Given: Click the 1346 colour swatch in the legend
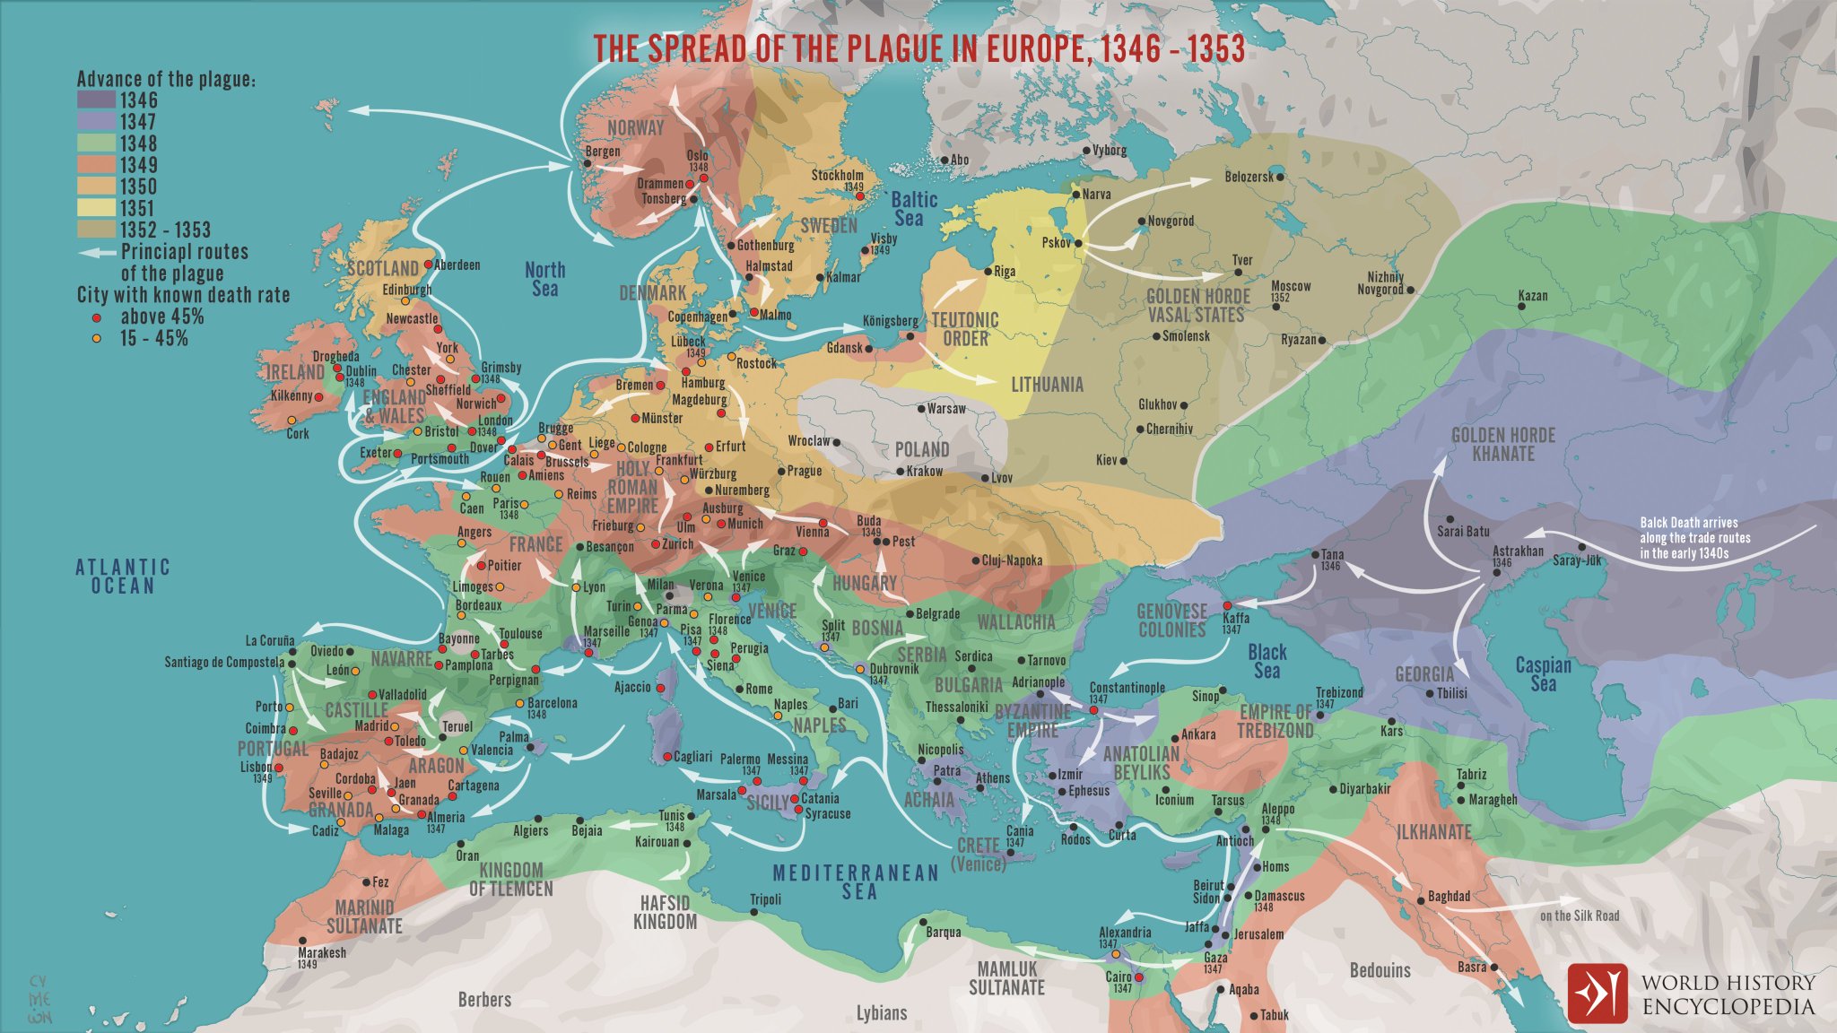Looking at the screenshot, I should coord(96,100).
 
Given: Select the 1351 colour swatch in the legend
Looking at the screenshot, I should coord(96,207).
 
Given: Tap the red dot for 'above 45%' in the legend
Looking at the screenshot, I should coord(96,317).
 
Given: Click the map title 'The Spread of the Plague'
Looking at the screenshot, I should coord(918,48).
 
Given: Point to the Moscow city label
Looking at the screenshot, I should coord(1291,286).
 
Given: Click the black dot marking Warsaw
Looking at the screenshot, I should coord(921,409).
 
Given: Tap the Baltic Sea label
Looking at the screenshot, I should coord(913,209).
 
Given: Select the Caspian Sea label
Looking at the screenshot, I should coord(1543,673).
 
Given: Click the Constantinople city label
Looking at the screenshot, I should coord(1127,688).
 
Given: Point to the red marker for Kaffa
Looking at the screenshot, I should coord(1227,606).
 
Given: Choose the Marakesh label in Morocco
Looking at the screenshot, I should coord(322,952).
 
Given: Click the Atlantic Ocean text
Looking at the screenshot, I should coord(123,576).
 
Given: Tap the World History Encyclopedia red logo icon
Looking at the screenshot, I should coord(1597,993).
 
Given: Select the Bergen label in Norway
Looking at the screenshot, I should coord(602,152).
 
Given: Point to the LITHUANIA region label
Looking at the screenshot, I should coord(1047,385).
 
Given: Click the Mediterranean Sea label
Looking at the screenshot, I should coord(856,881).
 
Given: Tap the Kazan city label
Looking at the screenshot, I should coord(1532,295).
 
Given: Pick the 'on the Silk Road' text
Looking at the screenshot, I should coord(1580,916).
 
